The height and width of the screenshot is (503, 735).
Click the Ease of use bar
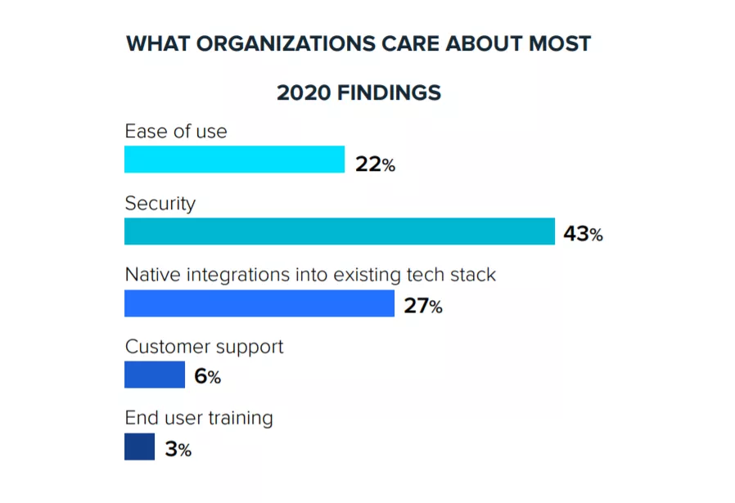[234, 159]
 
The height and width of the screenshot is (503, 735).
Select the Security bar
[339, 231]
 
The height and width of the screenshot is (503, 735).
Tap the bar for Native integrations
[259, 303]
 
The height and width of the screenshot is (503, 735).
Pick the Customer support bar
[155, 375]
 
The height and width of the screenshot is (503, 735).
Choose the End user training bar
[139, 447]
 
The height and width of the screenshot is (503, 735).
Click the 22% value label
[375, 165]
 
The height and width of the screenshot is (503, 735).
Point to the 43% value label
[583, 236]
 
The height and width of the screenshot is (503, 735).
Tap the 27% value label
[422, 308]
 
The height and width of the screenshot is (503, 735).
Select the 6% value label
[207, 378]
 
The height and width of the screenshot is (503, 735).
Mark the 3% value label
[178, 450]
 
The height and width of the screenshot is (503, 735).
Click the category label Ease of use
[176, 131]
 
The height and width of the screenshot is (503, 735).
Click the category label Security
[160, 203]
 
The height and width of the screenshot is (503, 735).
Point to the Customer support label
[204, 346]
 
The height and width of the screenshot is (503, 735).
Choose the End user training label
[198, 418]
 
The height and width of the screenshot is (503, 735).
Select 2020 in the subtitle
[304, 93]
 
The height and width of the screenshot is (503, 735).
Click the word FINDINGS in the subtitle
[389, 93]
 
